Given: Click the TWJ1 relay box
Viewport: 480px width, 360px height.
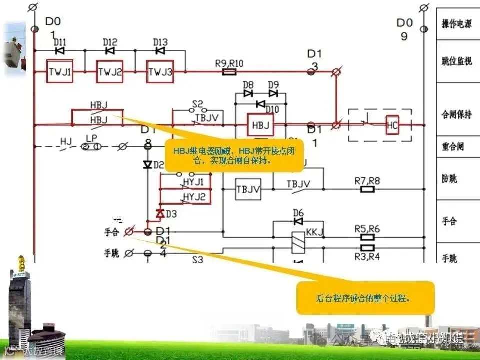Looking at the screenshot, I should pyautogui.click(x=60, y=72).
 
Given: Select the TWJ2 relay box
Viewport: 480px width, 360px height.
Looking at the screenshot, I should pyautogui.click(x=110, y=72).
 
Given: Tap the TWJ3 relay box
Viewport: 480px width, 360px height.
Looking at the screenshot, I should pyautogui.click(x=160, y=72).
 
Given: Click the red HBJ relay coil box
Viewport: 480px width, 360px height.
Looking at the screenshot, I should pyautogui.click(x=260, y=125).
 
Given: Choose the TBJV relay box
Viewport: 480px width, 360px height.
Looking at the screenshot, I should pyautogui.click(x=248, y=189).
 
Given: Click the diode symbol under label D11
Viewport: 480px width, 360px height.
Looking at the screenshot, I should pyautogui.click(x=60, y=51).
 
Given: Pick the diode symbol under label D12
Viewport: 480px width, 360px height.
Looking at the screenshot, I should pyautogui.click(x=110, y=51).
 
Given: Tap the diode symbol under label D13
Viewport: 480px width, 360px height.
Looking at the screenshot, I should pyautogui.click(x=160, y=51).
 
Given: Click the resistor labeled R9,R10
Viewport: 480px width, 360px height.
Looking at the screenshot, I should pyautogui.click(x=229, y=72).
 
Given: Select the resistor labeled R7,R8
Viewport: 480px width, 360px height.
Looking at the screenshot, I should pyautogui.click(x=367, y=189).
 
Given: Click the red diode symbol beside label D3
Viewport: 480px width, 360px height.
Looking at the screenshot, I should pyautogui.click(x=160, y=214).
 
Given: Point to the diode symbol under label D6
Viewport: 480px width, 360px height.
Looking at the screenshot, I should pyautogui.click(x=298, y=221).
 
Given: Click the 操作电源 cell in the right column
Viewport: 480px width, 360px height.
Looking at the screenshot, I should pyautogui.click(x=457, y=24).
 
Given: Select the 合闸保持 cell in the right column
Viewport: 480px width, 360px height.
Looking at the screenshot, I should pyautogui.click(x=457, y=114).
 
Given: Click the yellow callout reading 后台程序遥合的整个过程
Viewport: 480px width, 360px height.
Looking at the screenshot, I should pyautogui.click(x=365, y=298).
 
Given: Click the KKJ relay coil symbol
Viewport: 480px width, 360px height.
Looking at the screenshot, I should pyautogui.click(x=298, y=239).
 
